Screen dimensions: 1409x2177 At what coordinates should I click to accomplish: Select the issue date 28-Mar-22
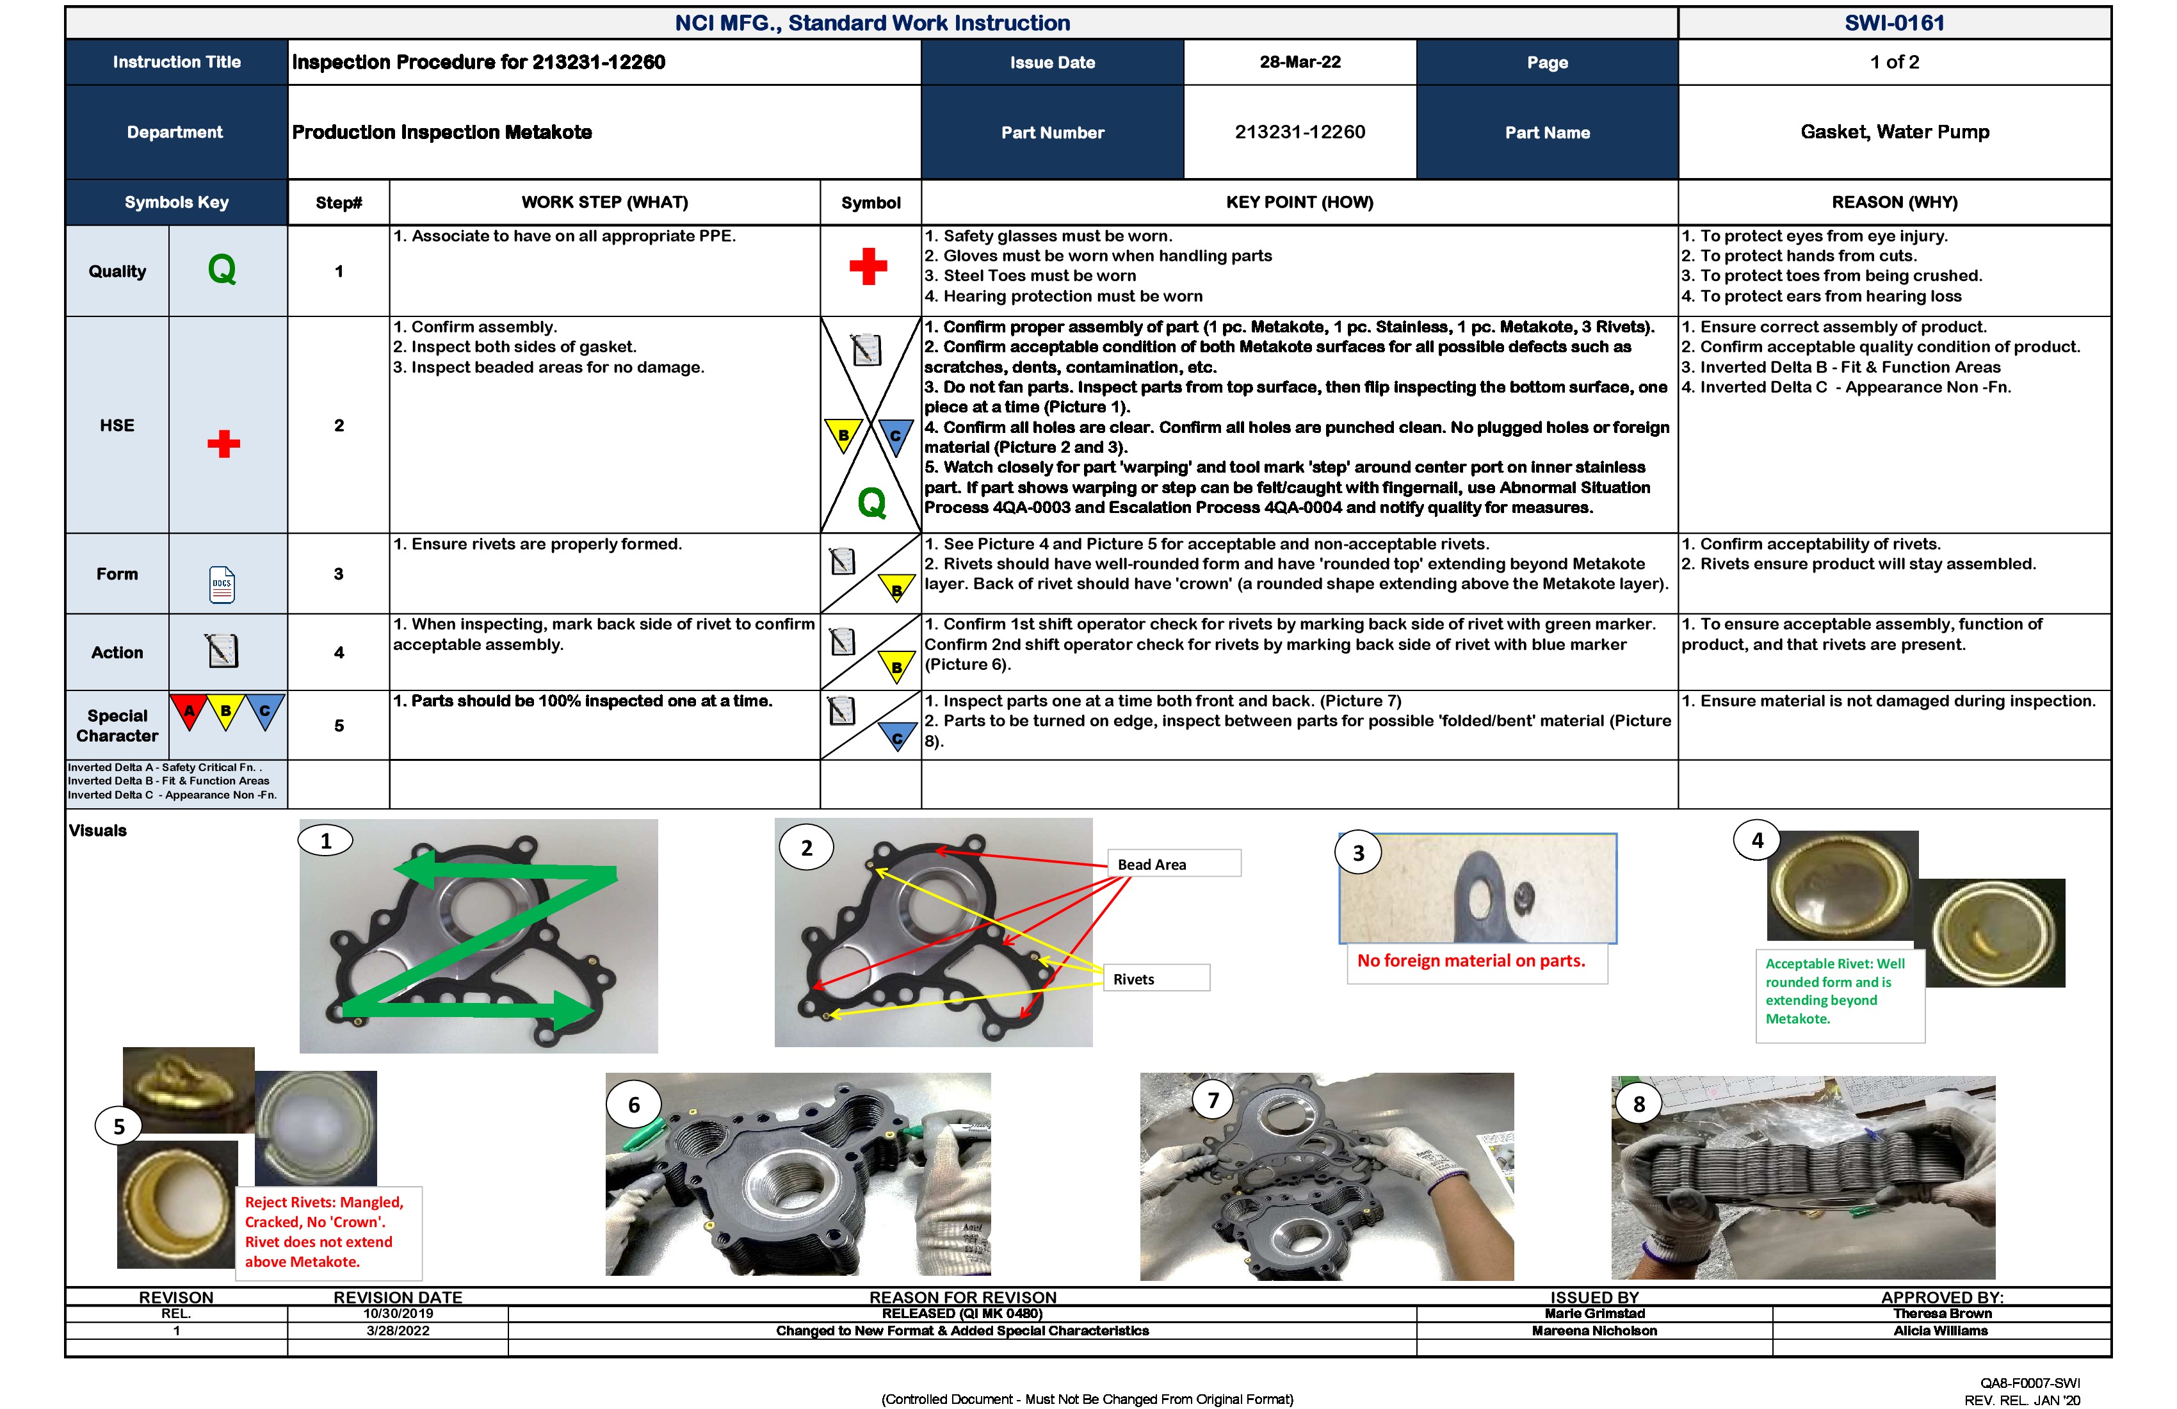click(1299, 62)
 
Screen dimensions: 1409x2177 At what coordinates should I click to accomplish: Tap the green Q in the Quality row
click(222, 270)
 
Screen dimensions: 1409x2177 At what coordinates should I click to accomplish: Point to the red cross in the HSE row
click(223, 444)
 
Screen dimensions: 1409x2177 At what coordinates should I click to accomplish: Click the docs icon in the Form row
click(222, 583)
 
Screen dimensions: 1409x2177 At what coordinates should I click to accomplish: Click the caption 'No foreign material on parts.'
click(1470, 961)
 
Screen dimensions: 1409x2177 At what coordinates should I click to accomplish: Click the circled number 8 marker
click(1639, 1104)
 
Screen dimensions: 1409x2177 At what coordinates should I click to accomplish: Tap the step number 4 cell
click(339, 653)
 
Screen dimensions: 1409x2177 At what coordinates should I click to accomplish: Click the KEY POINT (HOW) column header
click(1299, 202)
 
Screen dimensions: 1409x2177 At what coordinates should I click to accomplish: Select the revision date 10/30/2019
click(398, 1313)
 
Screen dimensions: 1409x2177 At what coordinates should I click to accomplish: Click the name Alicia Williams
click(1940, 1330)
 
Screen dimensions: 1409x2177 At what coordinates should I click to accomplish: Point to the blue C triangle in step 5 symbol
click(896, 737)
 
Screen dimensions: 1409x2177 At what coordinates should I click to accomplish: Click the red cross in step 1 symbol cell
click(868, 266)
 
